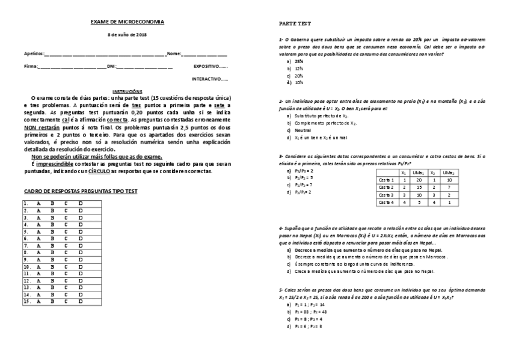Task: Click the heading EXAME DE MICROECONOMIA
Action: tap(127, 22)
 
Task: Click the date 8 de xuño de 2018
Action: tap(127, 35)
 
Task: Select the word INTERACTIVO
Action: tap(209, 79)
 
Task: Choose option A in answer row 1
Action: tap(38, 204)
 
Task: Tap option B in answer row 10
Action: tap(52, 266)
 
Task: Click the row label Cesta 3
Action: tap(386, 195)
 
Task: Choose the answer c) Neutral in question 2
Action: tap(302, 130)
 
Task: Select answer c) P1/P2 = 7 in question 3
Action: tap(303, 185)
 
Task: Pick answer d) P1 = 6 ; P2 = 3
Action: tap(307, 326)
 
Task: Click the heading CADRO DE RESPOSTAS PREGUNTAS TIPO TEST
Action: tap(81, 191)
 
